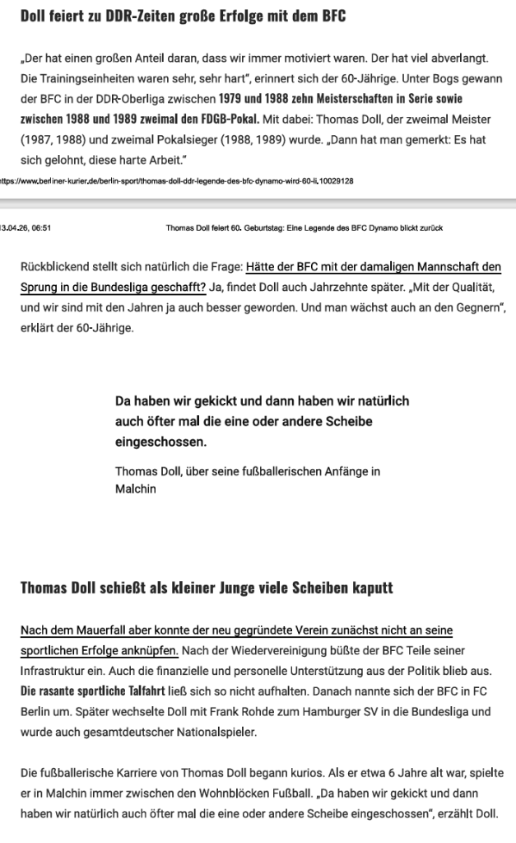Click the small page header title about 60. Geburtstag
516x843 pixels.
[x=304, y=228]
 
